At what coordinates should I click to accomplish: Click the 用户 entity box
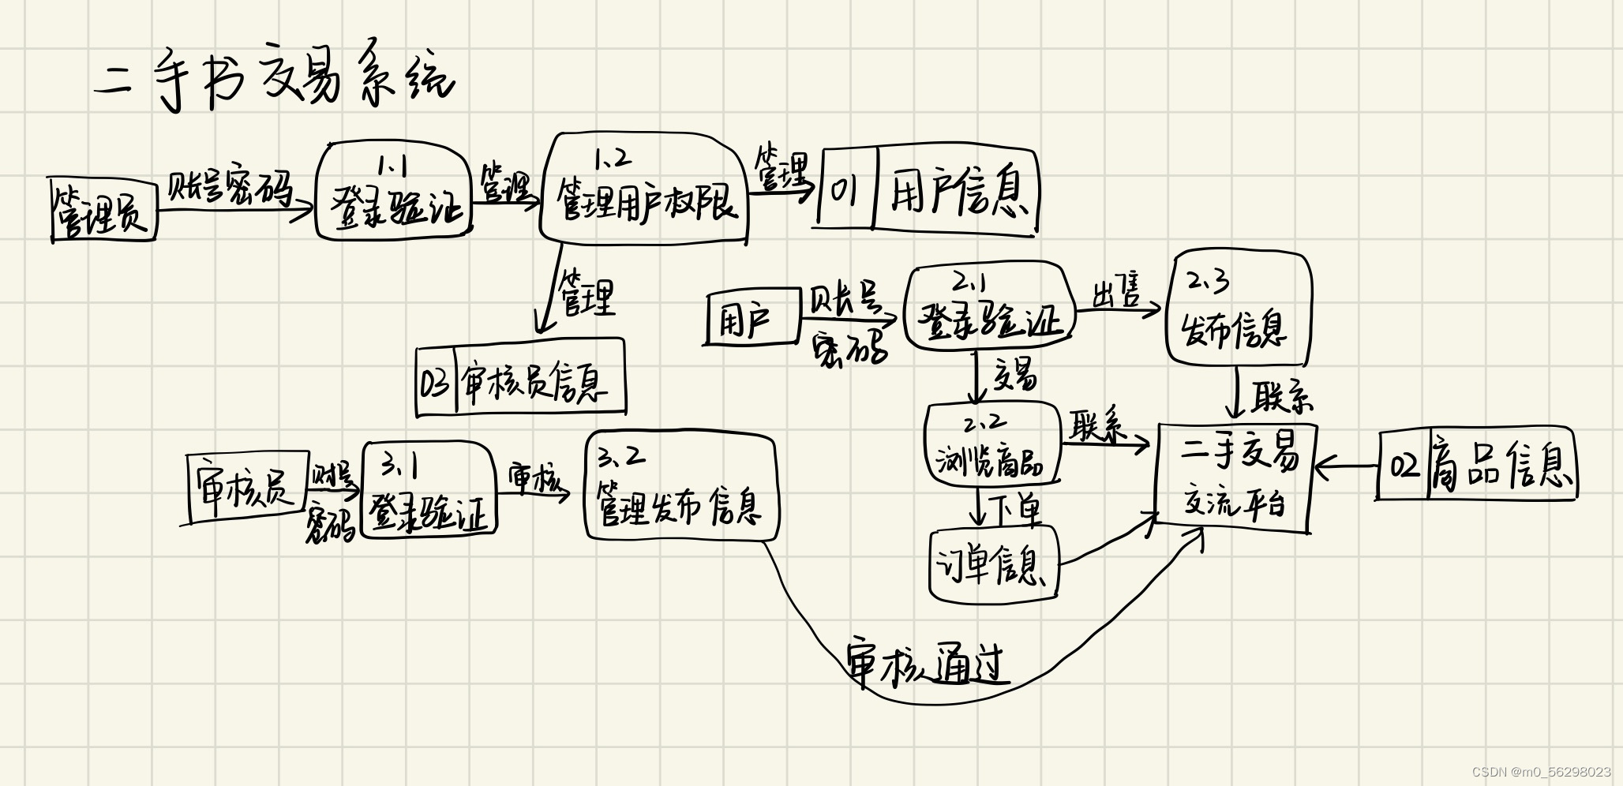coord(750,318)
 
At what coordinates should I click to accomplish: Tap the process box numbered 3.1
coord(428,491)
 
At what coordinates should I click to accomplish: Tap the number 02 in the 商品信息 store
coord(1404,466)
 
